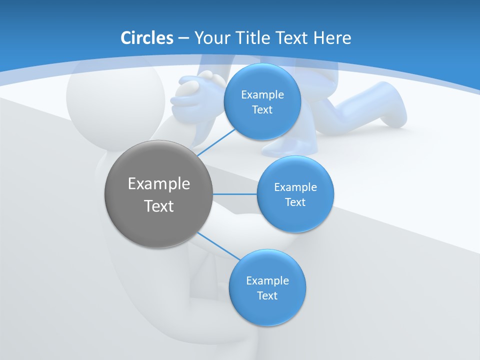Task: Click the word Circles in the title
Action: pos(146,37)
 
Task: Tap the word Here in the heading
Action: pos(332,37)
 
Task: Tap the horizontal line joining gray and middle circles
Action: pos(234,194)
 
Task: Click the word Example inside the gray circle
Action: pos(159,184)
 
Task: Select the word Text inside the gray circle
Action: pos(159,206)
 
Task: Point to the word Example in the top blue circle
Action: pos(262,94)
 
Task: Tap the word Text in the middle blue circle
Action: pos(295,202)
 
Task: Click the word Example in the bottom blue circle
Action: pos(267,280)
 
